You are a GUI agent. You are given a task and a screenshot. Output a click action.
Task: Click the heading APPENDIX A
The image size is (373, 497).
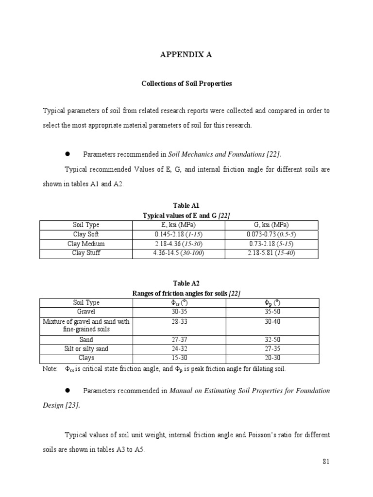[186, 55]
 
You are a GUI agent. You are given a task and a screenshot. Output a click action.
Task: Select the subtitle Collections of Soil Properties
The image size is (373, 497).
[186, 83]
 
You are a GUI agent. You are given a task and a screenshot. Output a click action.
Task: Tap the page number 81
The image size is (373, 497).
[326, 462]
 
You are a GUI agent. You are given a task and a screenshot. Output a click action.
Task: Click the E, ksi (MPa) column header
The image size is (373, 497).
[178, 225]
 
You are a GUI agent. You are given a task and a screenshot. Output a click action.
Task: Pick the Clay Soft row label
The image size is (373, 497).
[85, 234]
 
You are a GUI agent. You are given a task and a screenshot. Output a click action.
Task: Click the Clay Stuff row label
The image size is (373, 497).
[85, 253]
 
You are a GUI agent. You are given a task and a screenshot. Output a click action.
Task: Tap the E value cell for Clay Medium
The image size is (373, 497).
[178, 244]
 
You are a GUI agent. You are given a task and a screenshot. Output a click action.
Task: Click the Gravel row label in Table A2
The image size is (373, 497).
[85, 312]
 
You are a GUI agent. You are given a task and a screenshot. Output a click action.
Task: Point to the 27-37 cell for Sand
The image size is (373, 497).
[178, 340]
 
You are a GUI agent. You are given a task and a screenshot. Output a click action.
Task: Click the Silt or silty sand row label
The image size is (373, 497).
[85, 349]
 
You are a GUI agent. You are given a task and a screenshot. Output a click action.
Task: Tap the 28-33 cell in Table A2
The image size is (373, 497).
[178, 321]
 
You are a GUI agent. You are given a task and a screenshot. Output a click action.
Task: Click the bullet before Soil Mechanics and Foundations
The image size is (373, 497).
[68, 154]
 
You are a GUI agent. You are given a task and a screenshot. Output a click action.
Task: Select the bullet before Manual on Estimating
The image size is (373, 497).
[68, 390]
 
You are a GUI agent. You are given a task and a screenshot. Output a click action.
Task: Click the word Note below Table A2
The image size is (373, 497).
[50, 369]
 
